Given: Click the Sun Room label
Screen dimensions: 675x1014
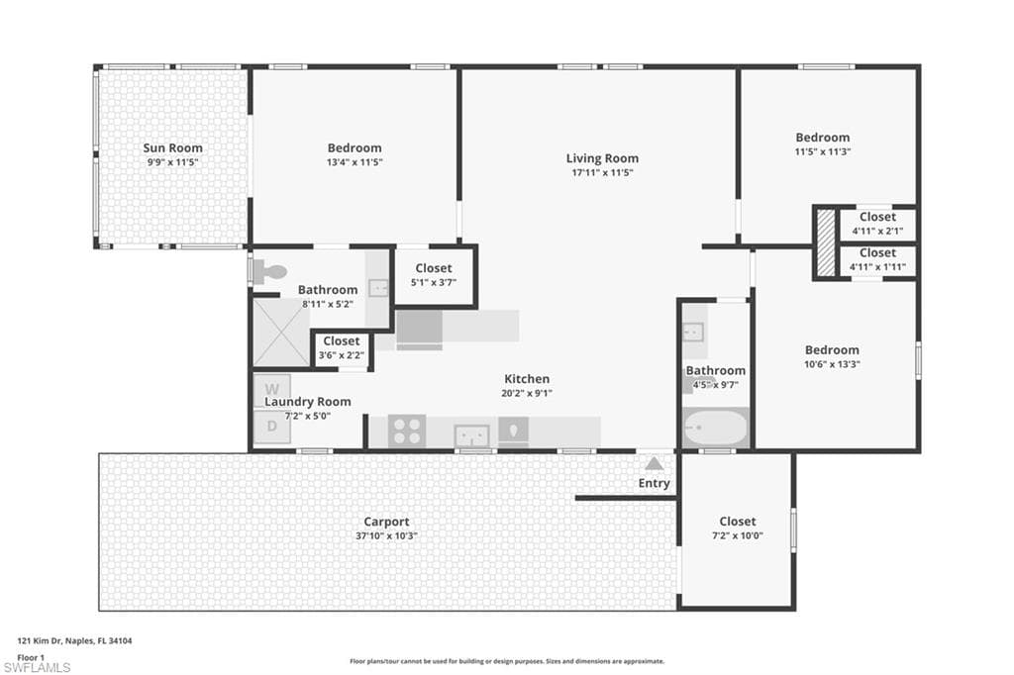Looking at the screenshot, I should (x=172, y=148).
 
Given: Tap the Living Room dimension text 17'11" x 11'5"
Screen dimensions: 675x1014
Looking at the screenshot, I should (x=602, y=172).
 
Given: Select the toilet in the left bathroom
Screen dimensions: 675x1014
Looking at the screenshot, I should (x=264, y=272).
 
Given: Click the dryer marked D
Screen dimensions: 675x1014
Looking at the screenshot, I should (x=271, y=428).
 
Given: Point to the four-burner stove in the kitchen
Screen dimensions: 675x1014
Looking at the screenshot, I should (x=406, y=432).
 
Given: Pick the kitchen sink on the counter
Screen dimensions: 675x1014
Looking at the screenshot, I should (x=472, y=434).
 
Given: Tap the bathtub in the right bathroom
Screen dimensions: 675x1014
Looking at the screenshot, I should (x=715, y=429).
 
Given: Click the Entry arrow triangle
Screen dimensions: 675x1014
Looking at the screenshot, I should (x=654, y=462).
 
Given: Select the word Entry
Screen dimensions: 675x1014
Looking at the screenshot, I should (x=654, y=483).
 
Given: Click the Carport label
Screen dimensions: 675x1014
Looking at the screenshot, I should (x=386, y=522).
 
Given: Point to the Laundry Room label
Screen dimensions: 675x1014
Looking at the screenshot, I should (x=307, y=402).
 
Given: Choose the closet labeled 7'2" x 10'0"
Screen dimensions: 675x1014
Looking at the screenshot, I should (x=737, y=529).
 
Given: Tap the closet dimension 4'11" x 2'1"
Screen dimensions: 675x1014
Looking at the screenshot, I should (x=877, y=231).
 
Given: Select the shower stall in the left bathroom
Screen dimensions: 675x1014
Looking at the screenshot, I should (x=281, y=333).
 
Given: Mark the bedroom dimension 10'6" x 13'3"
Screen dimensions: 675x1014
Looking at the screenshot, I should (x=832, y=363).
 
